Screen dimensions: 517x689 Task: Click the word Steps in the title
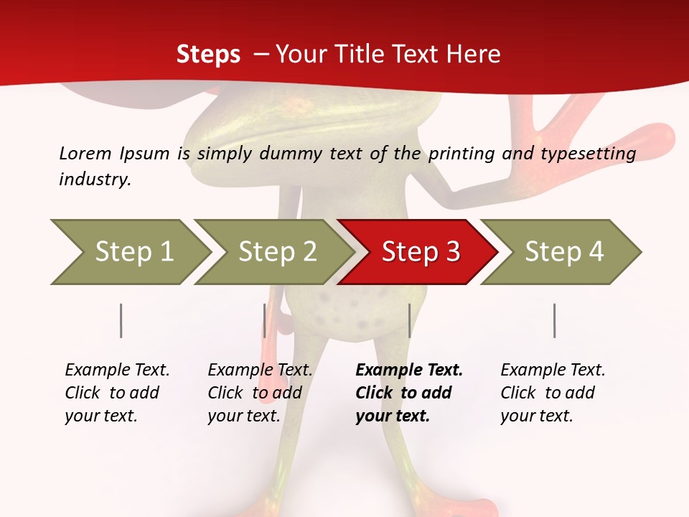208,55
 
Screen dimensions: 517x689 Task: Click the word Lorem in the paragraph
85,153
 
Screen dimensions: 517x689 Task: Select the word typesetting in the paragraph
588,154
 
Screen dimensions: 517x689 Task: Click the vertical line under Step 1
121,320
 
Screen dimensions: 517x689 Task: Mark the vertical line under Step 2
265,320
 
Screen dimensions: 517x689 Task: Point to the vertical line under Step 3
409,320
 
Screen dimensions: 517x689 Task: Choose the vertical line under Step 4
555,320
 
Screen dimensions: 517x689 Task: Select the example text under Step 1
117,393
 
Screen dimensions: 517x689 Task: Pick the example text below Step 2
260,393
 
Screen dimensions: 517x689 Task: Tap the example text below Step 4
553,393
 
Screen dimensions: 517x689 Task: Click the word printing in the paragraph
461,154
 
